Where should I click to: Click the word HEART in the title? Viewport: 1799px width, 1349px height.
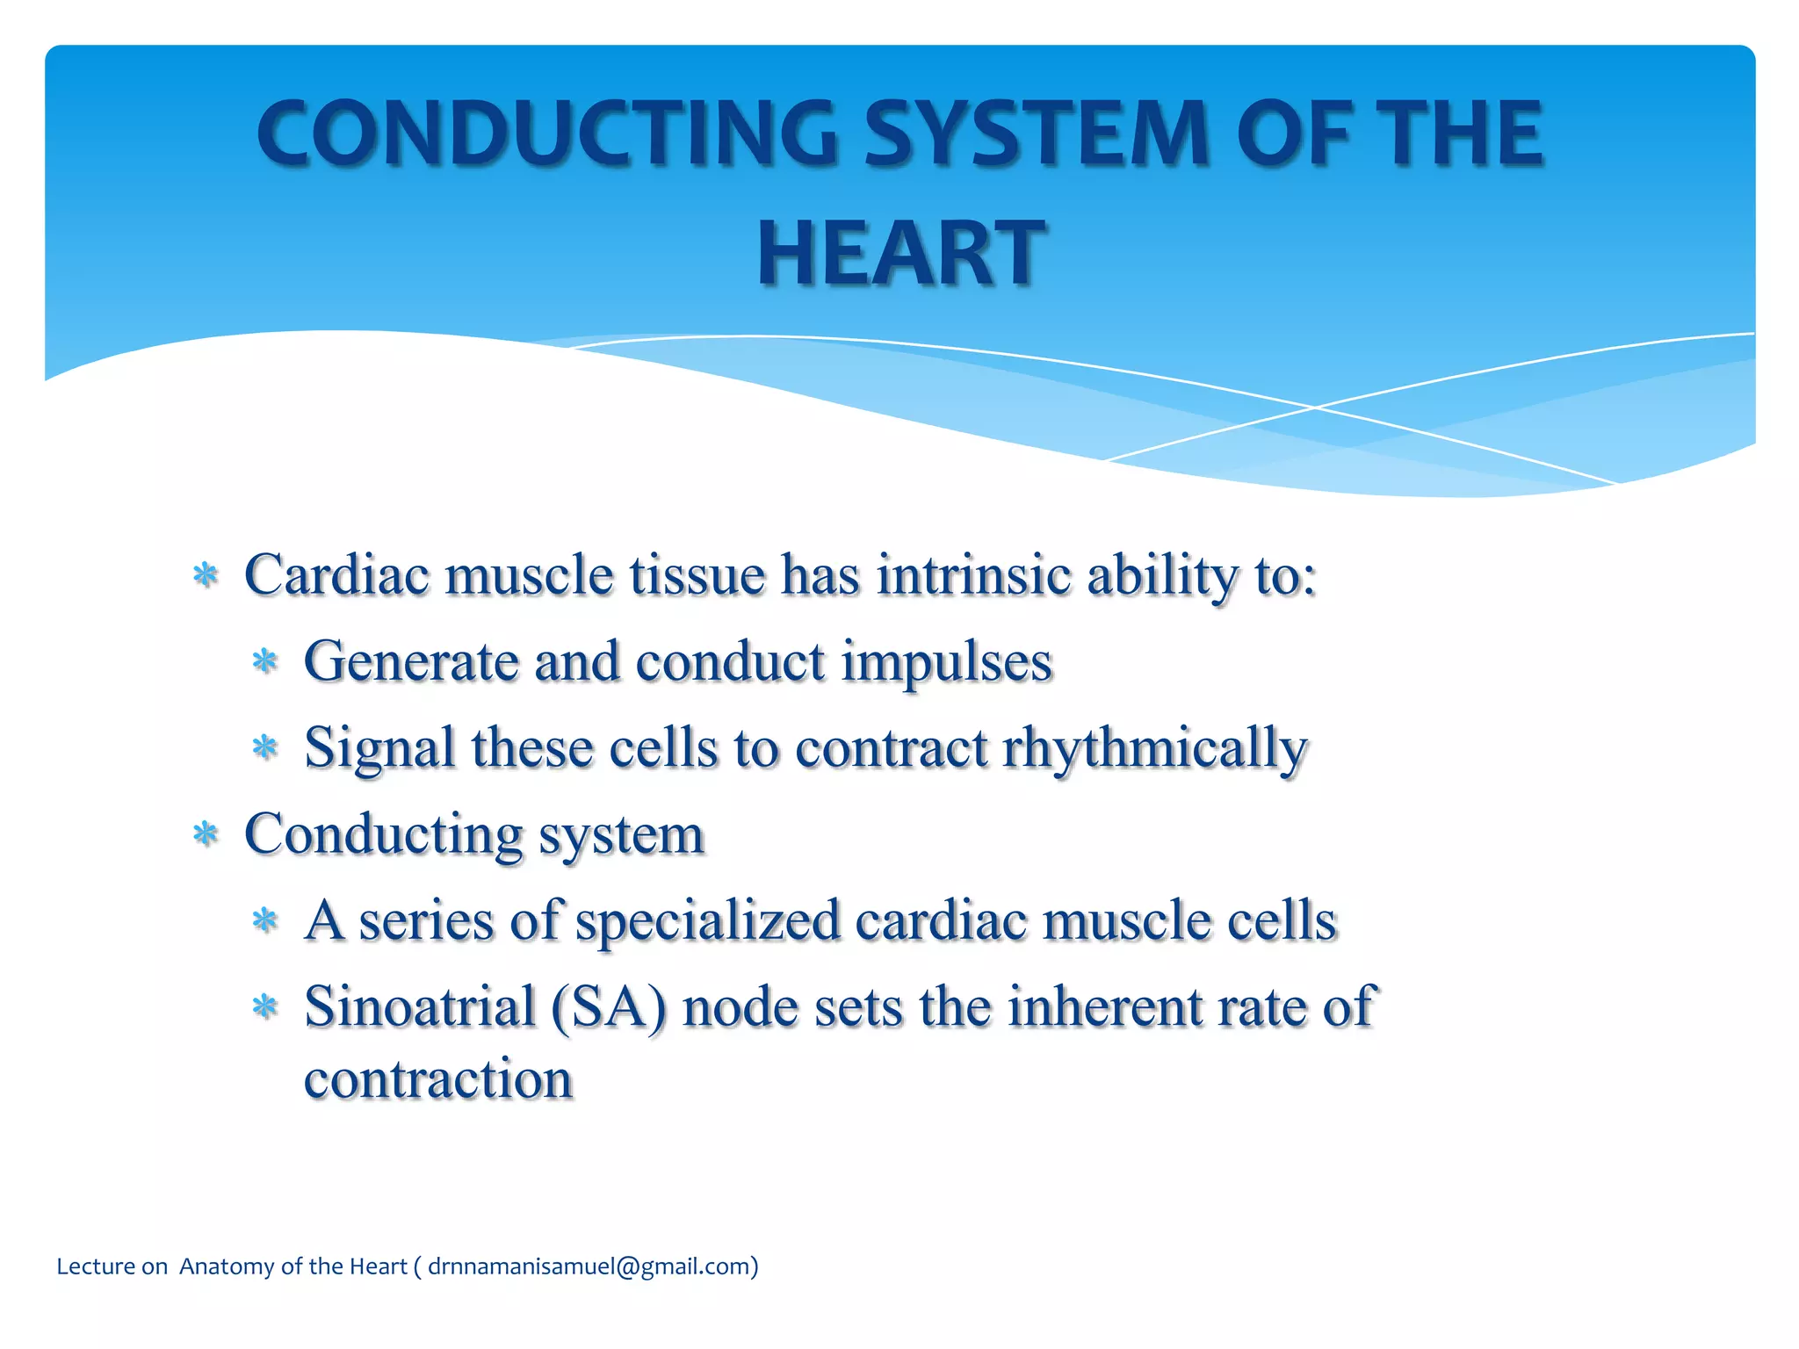900,254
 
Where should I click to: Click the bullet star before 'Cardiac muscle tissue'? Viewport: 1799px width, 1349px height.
206,576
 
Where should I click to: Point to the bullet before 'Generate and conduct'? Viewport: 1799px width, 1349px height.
264,661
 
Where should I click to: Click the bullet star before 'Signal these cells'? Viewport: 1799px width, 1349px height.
264,748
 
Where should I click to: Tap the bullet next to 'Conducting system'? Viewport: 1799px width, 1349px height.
206,834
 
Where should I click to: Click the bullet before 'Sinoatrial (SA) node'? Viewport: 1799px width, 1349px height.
264,1007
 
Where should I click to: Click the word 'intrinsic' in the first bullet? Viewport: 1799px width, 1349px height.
973,575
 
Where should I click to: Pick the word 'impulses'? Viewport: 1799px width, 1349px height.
946,661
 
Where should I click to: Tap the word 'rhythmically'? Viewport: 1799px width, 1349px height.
1154,748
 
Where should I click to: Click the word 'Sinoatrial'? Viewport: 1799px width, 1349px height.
420,1006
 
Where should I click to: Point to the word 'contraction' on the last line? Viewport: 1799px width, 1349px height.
437,1079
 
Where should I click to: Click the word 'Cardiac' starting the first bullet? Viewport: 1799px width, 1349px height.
336,575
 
